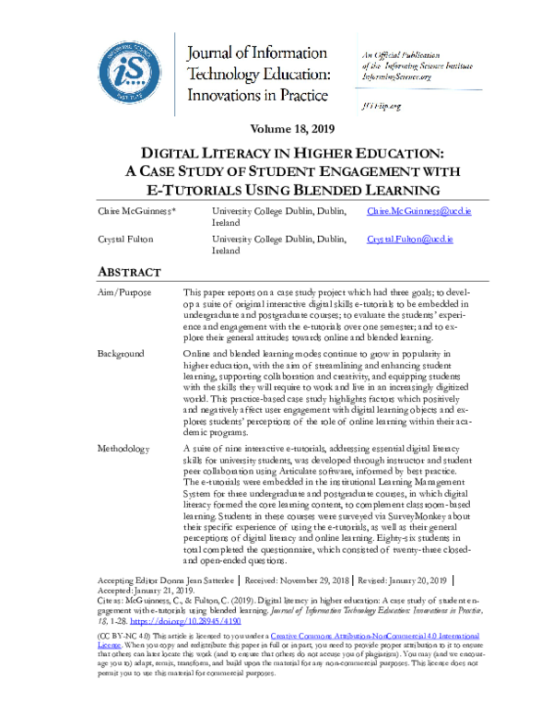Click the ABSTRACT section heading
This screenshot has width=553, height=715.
click(x=129, y=272)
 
